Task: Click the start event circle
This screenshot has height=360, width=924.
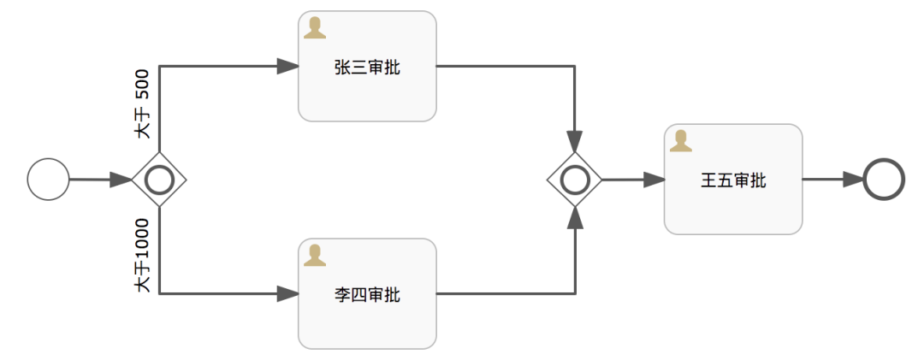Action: pyautogui.click(x=48, y=180)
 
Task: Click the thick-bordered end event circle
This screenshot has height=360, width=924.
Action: pyautogui.click(x=884, y=180)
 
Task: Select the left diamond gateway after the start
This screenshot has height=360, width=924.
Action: pyautogui.click(x=159, y=180)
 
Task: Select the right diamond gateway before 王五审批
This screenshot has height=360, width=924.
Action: pyautogui.click(x=575, y=180)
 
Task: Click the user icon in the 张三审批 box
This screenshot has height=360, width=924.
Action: pyautogui.click(x=315, y=28)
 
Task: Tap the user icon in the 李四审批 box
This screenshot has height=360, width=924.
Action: pyautogui.click(x=315, y=255)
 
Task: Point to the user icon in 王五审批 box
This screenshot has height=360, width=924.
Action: pyautogui.click(x=681, y=141)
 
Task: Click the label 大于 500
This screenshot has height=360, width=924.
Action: pyautogui.click(x=142, y=103)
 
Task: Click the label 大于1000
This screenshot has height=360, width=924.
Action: pyautogui.click(x=142, y=256)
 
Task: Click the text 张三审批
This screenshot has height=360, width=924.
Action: pyautogui.click(x=367, y=68)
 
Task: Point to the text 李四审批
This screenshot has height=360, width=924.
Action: pyautogui.click(x=367, y=295)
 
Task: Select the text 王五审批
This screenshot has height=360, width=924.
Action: pyautogui.click(x=733, y=180)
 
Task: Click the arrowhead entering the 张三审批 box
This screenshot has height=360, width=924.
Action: pyautogui.click(x=287, y=66)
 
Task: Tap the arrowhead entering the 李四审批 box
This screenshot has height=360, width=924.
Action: pyautogui.click(x=287, y=293)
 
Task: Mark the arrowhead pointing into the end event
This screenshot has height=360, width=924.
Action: pyautogui.click(x=853, y=180)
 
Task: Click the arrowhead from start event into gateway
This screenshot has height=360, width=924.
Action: pyautogui.click(x=121, y=180)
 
